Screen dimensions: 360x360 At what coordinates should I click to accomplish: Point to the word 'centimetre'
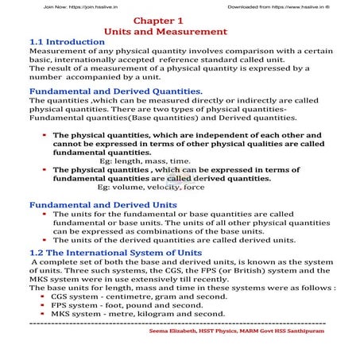click(134, 296)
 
